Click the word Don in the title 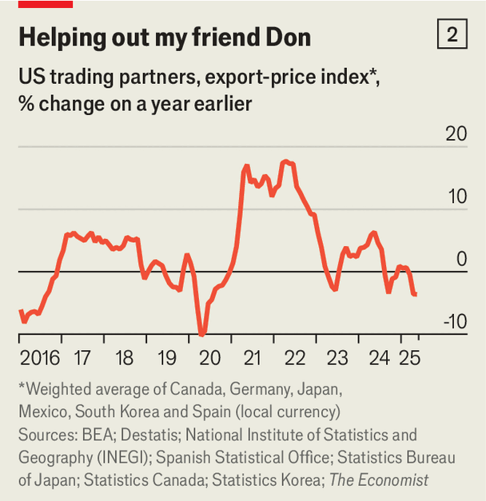tap(288, 37)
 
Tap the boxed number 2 tap(452, 34)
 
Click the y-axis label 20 tap(456, 133)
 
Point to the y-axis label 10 tap(458, 196)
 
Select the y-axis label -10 tap(456, 321)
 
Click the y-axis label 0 tap(462, 258)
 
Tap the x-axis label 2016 tap(40, 358)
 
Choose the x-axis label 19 tap(167, 358)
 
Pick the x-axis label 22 tap(295, 358)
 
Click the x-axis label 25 tap(409, 358)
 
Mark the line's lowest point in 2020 tap(201, 335)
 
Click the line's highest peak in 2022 tap(285, 161)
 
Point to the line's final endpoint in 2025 tap(416, 294)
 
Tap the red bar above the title tap(46, 4)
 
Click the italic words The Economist tap(379, 480)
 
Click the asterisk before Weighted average tap(22, 386)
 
